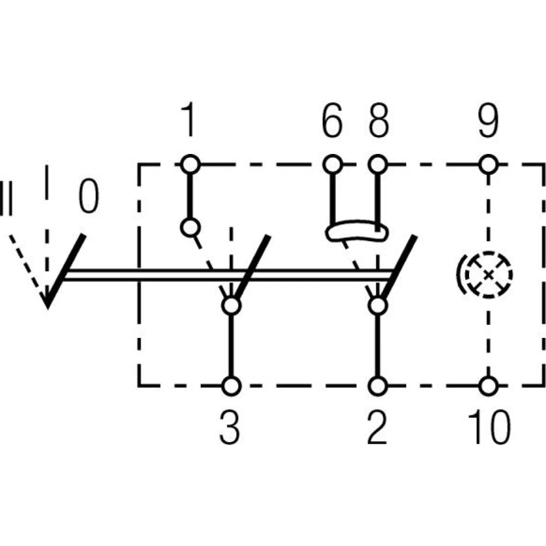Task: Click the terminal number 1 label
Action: (188, 122)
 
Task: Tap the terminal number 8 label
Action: (378, 122)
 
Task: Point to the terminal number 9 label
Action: (488, 122)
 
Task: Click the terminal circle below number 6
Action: (333, 163)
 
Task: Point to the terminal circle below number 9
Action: (488, 163)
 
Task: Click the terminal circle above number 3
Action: (231, 385)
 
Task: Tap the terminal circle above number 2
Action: (377, 385)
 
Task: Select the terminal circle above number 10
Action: (489, 385)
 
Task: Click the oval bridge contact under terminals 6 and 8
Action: (355, 233)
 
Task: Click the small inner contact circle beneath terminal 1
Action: (189, 227)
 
